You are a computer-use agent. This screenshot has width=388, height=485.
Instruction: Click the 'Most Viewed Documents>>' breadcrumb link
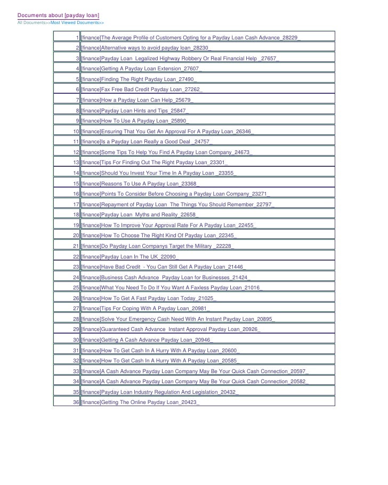(x=77, y=23)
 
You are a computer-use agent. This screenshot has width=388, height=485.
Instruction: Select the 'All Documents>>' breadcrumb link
(x=34, y=23)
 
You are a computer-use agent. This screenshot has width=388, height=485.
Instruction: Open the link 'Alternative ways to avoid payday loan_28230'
(x=146, y=48)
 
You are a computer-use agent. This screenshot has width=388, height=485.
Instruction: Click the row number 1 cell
(x=78, y=38)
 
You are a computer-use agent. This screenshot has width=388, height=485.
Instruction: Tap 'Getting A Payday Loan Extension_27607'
(x=142, y=69)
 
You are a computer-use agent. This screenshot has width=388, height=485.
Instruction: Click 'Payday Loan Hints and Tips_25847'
(x=135, y=110)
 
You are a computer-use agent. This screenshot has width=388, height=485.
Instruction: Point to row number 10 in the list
(x=76, y=131)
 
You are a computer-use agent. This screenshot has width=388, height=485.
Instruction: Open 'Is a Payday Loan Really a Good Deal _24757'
(x=147, y=142)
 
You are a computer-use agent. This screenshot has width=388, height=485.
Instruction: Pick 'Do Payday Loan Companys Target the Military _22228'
(x=157, y=246)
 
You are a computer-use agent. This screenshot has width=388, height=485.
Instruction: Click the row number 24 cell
(x=76, y=277)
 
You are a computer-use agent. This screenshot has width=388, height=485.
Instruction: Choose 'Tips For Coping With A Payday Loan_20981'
(x=145, y=308)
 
